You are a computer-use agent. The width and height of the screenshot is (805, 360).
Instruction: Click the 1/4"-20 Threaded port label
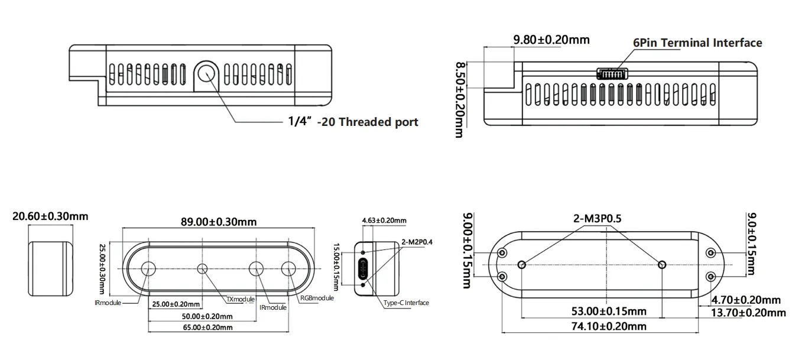tap(353, 122)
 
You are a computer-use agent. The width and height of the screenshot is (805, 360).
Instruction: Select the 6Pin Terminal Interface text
tap(697, 43)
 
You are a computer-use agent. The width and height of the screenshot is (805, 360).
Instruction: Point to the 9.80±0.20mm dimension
tap(551, 40)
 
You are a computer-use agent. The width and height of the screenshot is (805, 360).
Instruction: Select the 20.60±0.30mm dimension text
tap(50, 216)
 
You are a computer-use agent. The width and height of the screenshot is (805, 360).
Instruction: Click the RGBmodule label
tap(317, 298)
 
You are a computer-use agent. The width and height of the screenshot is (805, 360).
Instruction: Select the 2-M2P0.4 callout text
tap(417, 241)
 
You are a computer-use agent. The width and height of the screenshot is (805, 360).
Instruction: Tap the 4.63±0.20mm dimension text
tap(384, 220)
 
